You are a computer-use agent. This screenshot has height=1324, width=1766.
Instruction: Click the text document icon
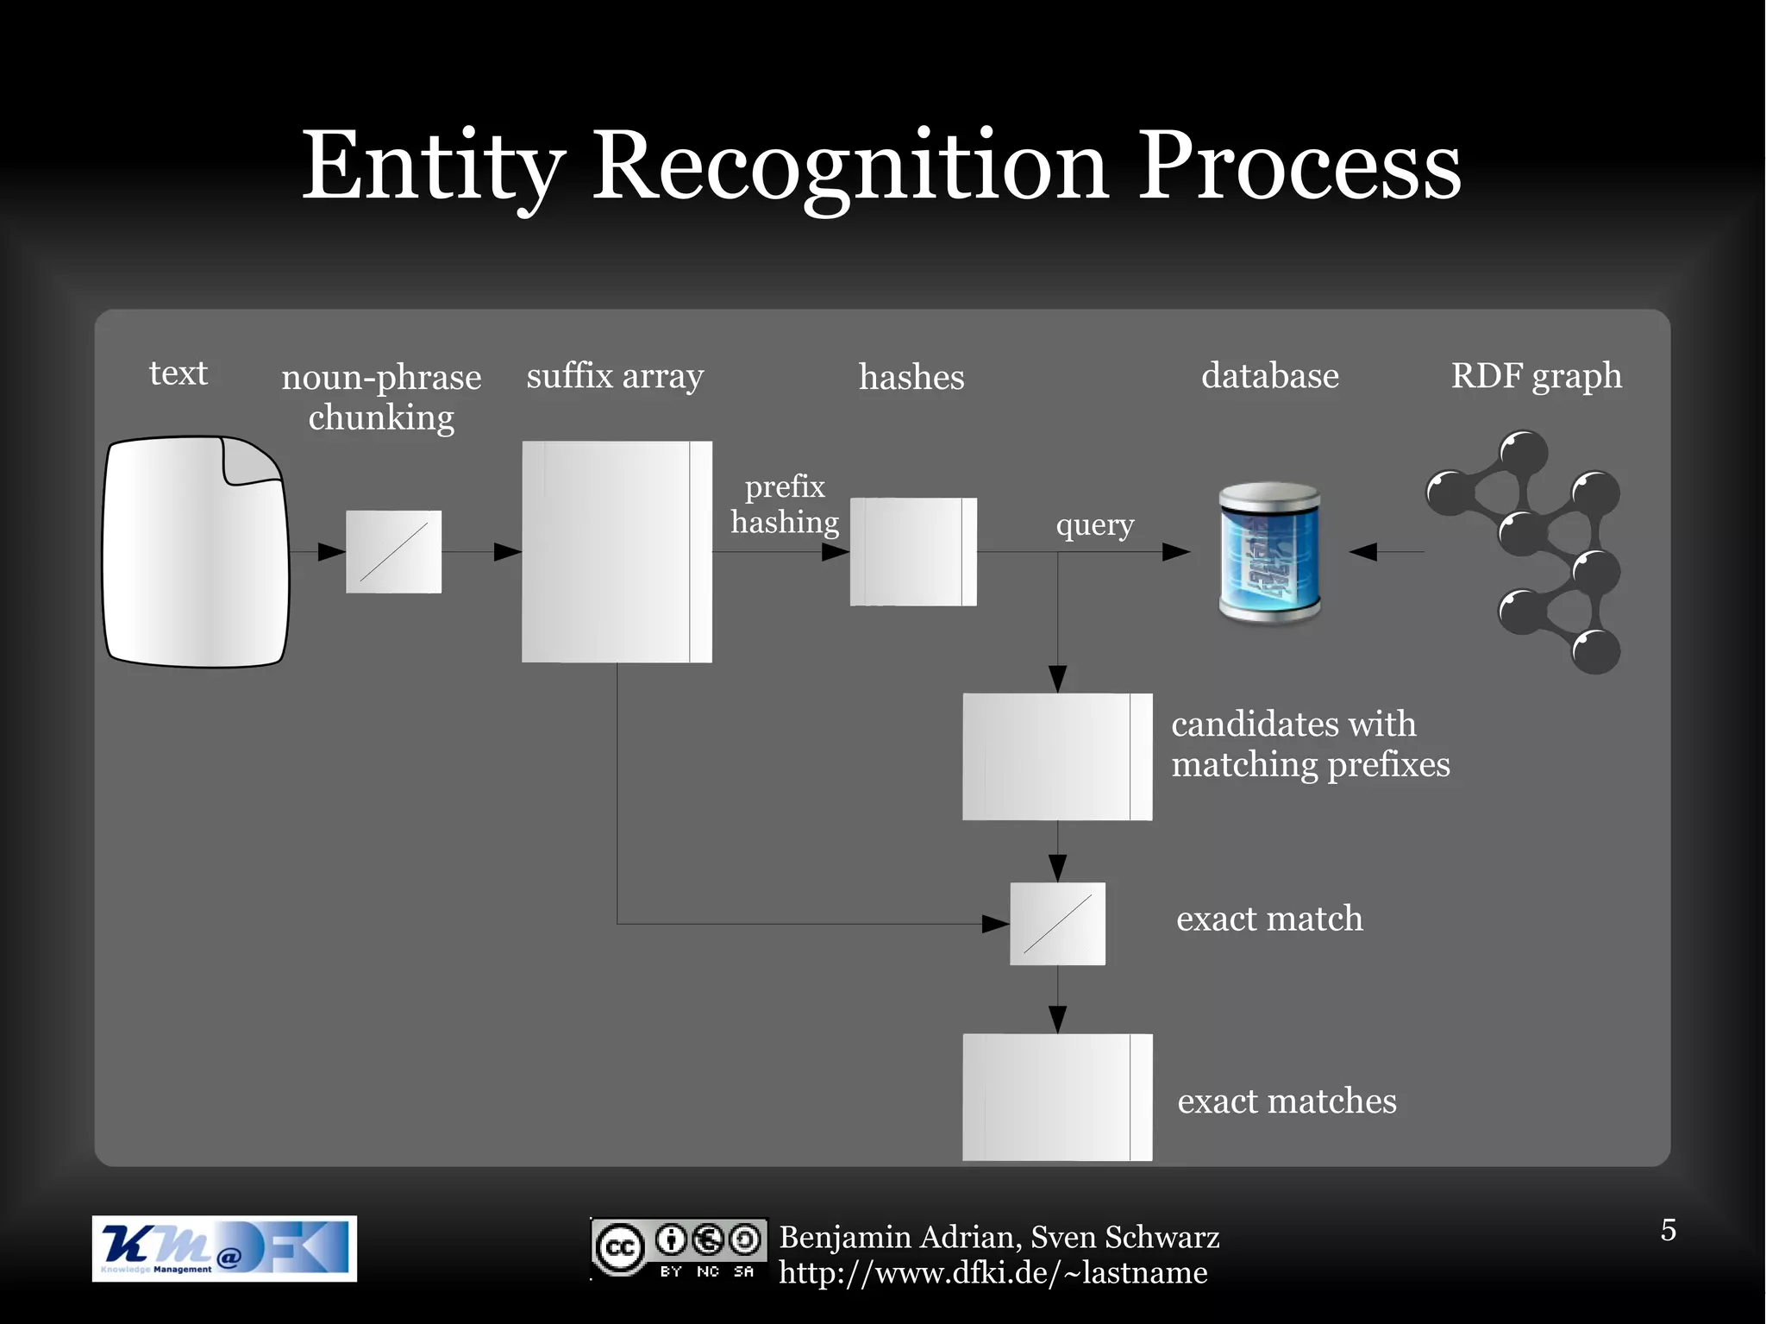196,552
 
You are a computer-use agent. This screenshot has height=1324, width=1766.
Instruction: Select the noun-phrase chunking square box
393,552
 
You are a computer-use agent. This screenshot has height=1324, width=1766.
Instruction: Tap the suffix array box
617,552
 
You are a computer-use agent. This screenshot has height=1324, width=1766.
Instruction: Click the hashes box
913,552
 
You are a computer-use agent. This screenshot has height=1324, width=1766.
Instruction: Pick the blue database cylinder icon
1269,552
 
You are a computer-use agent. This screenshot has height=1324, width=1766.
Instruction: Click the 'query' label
1094,524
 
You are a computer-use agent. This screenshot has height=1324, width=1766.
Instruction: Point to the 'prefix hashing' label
785,505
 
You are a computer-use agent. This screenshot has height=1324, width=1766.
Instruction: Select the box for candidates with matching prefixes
1057,756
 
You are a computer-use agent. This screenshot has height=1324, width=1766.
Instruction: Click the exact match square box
1057,924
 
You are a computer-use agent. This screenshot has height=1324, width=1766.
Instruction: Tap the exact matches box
1057,1097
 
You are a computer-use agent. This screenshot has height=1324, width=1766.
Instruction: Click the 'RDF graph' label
1536,376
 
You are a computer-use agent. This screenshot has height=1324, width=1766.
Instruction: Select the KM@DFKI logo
224,1248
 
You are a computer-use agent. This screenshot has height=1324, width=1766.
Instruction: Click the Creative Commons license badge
679,1248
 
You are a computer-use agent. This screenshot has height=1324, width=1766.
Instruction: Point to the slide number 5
1669,1230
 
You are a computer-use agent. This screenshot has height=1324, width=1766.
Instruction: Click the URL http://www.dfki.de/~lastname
993,1273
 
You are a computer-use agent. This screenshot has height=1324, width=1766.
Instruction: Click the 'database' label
1269,376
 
